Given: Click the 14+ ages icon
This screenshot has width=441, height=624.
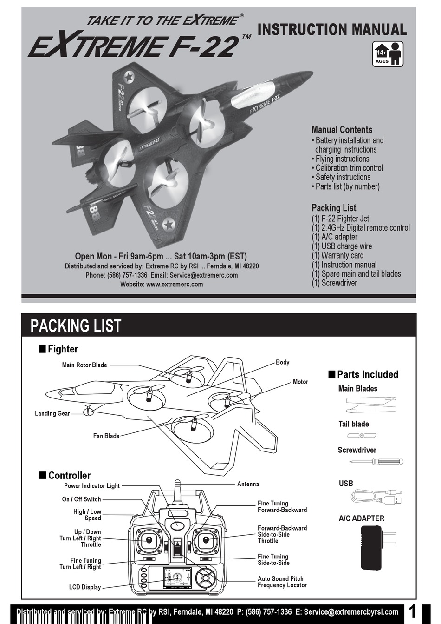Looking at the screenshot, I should (388, 54).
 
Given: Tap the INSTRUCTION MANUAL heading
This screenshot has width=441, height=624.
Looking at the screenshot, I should (332, 29).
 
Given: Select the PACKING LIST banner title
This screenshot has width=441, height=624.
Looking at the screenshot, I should (76, 326).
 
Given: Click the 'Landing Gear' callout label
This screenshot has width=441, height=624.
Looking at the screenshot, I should (52, 413).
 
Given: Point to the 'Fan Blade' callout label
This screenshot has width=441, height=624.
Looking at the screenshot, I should (106, 436).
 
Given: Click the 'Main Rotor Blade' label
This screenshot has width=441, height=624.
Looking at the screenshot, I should (84, 365).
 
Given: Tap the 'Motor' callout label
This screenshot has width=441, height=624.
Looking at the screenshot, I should (300, 382).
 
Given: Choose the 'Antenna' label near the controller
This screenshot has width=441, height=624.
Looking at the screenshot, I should (248, 484).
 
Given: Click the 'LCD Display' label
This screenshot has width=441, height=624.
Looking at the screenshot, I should (85, 587).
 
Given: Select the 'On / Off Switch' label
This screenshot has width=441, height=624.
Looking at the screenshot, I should (81, 499).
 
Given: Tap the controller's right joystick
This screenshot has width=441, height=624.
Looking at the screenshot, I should (205, 540).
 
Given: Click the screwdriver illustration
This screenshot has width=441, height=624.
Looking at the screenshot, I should (376, 462).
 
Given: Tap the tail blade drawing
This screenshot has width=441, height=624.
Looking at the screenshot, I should (362, 436).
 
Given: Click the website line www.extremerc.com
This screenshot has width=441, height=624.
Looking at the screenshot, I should (162, 285).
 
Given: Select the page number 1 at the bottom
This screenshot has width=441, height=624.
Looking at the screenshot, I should (413, 612).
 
